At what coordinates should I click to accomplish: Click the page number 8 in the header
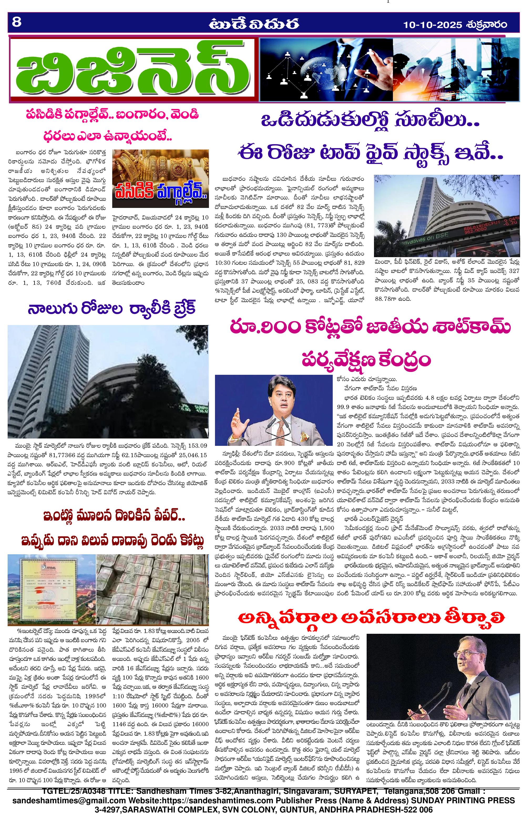(17, 23)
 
